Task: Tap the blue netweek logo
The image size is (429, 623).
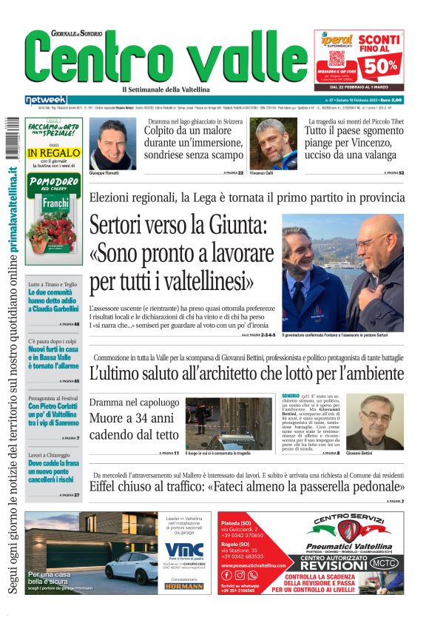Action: coord(45,100)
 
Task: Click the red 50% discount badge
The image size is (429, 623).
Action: coord(379,64)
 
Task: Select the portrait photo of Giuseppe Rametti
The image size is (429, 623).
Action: coord(112,143)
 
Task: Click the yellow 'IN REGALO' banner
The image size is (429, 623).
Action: coord(54,153)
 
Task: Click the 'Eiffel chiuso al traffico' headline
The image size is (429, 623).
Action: coord(246,486)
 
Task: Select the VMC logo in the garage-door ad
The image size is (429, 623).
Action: coord(184,549)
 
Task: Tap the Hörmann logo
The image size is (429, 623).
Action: coord(183,586)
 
